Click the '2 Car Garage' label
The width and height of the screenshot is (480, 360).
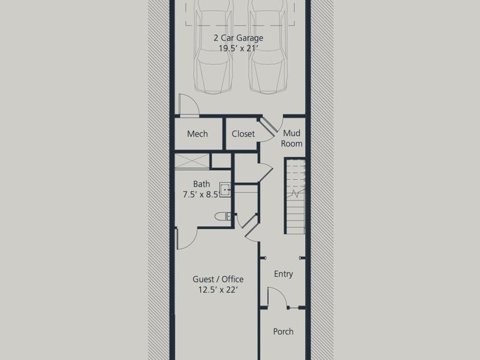[238, 38]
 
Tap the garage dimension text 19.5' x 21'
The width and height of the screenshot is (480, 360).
[238, 48]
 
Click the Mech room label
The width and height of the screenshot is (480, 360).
[197, 134]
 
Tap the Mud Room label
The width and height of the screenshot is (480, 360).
[292, 138]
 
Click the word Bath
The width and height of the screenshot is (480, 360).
[201, 184]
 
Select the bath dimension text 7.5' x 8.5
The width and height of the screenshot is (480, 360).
[201, 194]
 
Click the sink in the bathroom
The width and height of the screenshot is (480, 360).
[225, 189]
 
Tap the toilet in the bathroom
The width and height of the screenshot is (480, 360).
[223, 216]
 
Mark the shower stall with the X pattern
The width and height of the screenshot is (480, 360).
[193, 161]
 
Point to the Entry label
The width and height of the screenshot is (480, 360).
[283, 274]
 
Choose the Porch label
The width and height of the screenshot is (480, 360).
[283, 331]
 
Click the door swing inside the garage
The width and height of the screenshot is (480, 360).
[188, 105]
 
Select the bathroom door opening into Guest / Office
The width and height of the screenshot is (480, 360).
[186, 238]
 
